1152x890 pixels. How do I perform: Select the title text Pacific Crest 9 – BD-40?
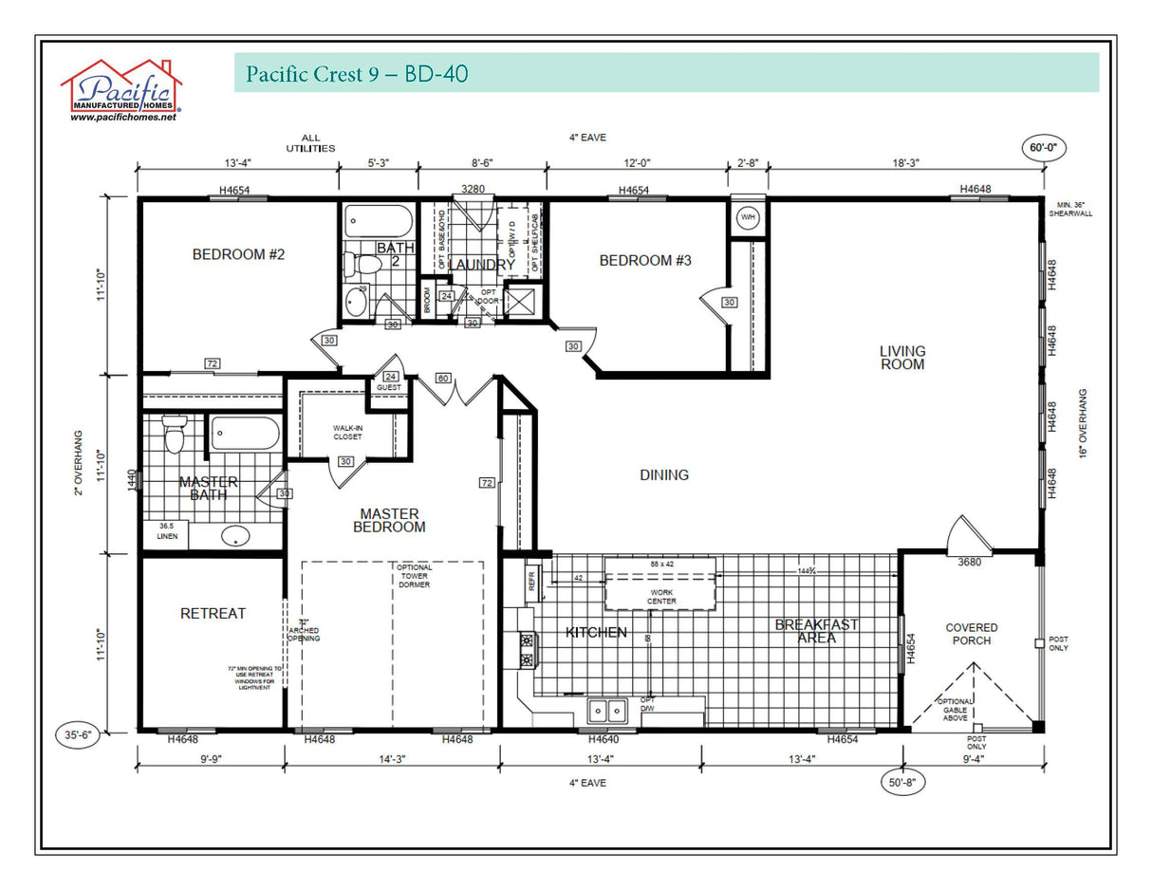(x=356, y=74)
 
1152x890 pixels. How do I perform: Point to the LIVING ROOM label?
(x=901, y=358)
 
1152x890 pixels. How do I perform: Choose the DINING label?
(x=664, y=474)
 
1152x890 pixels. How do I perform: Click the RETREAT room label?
(x=213, y=614)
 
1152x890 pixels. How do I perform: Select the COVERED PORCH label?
(x=972, y=634)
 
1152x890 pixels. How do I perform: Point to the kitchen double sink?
(x=605, y=709)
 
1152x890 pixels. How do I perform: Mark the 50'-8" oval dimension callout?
(x=901, y=783)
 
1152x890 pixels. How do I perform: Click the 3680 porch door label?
(x=969, y=562)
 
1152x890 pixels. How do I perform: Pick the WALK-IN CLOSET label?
(x=347, y=433)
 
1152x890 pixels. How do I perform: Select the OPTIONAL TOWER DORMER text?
(x=414, y=576)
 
